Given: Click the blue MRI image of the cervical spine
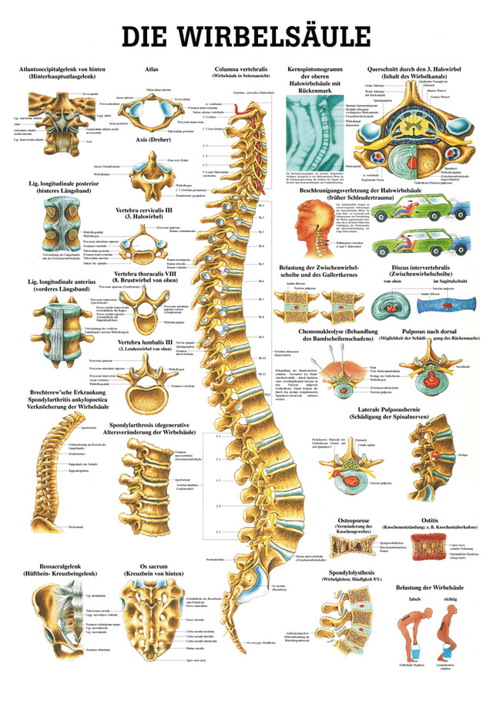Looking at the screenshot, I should pyautogui.click(x=307, y=136).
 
